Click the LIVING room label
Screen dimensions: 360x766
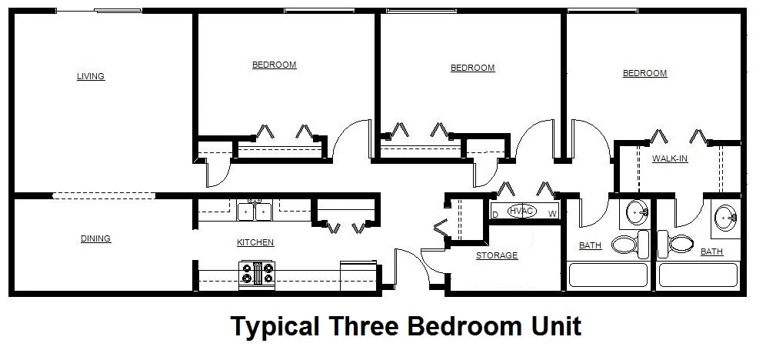pyautogui.click(x=90, y=76)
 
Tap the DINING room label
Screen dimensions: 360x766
pyautogui.click(x=95, y=238)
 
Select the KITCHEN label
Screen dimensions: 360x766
pyautogui.click(x=255, y=242)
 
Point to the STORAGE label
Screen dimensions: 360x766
pyautogui.click(x=496, y=255)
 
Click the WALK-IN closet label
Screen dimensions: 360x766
pyautogui.click(x=669, y=159)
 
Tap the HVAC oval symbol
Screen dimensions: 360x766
pyautogui.click(x=521, y=211)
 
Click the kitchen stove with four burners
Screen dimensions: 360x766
pyautogui.click(x=258, y=275)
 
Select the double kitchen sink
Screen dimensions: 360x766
pyautogui.click(x=255, y=211)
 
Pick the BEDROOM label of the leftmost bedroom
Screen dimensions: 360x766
pyautogui.click(x=274, y=65)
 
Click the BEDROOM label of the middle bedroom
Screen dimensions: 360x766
pyautogui.click(x=472, y=68)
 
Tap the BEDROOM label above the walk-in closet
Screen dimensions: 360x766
pyautogui.click(x=644, y=73)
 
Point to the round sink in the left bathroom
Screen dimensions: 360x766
pyautogui.click(x=637, y=212)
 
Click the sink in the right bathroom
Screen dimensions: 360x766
pyautogui.click(x=724, y=217)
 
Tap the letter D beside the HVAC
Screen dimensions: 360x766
pyautogui.click(x=495, y=214)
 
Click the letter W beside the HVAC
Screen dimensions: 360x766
pyautogui.click(x=552, y=214)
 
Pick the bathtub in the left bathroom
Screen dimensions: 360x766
pyautogui.click(x=608, y=275)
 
